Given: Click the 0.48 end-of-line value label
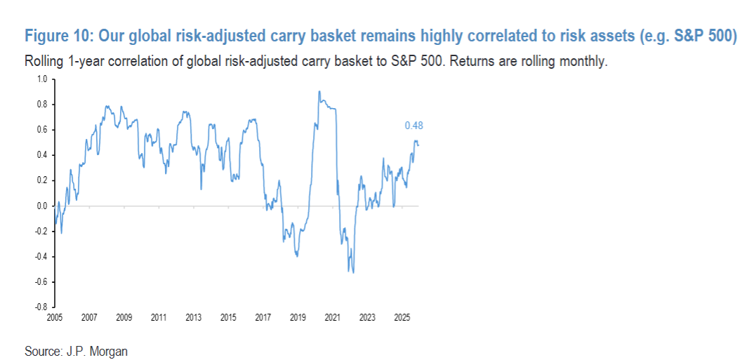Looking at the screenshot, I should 414,126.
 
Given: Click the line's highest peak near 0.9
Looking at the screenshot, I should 319,91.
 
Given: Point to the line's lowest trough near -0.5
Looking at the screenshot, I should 352,272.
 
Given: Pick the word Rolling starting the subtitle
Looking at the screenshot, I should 44,61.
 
